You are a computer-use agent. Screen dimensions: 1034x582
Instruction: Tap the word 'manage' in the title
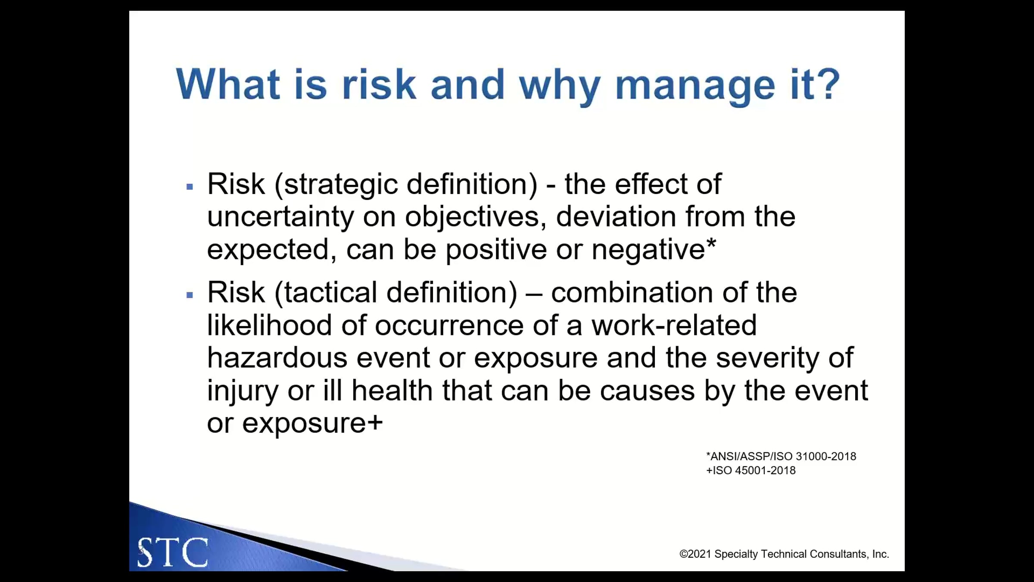pos(695,88)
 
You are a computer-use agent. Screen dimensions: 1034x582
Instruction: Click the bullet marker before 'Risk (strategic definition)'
pos(190,187)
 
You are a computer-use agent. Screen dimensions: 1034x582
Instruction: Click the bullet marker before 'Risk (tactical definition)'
pos(190,295)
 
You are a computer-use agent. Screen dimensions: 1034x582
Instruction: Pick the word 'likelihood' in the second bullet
pos(269,325)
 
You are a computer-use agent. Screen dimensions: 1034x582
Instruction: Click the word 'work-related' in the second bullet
pos(674,325)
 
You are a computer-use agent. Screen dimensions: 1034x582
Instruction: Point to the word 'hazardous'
pos(277,357)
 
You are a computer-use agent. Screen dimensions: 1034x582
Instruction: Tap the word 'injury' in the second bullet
pos(243,391)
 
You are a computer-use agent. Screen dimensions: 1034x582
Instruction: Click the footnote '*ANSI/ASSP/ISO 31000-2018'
pos(781,456)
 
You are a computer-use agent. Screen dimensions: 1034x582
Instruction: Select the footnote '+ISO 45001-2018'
pos(751,470)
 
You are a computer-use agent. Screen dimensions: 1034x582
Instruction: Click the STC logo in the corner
pos(173,552)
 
